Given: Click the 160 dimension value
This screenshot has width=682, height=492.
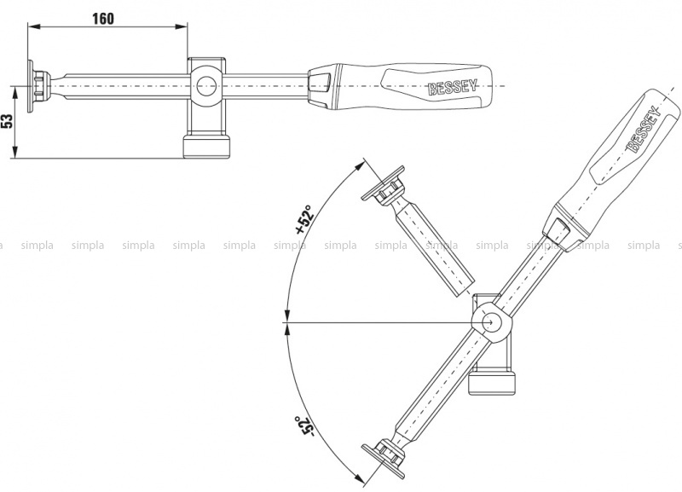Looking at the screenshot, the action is [x=103, y=19].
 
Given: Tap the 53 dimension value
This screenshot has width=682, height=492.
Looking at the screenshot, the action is [x=7, y=122].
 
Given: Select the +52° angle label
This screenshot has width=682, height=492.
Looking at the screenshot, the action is [x=304, y=220].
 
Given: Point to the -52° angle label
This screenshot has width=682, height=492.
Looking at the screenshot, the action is [x=303, y=426].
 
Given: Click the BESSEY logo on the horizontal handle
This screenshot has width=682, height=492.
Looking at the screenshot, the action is [x=453, y=87].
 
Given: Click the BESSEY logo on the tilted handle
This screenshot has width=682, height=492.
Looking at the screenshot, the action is [x=644, y=130].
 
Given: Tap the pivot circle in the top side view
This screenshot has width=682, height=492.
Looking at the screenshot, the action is [x=206, y=86].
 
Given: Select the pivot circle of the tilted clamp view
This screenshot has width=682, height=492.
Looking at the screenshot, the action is [x=492, y=323].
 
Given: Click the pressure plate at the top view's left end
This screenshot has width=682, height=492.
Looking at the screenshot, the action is [x=31, y=86].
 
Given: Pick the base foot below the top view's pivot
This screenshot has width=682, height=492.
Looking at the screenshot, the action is [x=206, y=147].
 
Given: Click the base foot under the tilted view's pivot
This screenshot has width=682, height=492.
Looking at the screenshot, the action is [x=492, y=383].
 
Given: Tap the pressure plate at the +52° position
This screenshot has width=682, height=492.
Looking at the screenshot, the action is [x=383, y=183].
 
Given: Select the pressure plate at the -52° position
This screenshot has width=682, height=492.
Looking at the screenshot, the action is [x=383, y=461].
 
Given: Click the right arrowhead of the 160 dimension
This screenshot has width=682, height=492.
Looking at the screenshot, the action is [x=182, y=26].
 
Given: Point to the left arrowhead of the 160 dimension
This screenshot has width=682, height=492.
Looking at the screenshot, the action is [x=34, y=26].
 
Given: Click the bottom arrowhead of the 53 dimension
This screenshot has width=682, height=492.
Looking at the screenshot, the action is [x=14, y=153].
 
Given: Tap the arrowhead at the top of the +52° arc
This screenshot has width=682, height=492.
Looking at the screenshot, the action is [x=359, y=165].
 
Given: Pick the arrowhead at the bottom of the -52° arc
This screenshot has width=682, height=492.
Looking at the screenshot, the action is [x=359, y=478].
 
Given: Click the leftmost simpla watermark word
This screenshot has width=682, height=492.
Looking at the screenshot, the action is [x=37, y=246].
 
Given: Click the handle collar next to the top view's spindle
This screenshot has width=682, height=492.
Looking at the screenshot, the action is [x=320, y=86].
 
